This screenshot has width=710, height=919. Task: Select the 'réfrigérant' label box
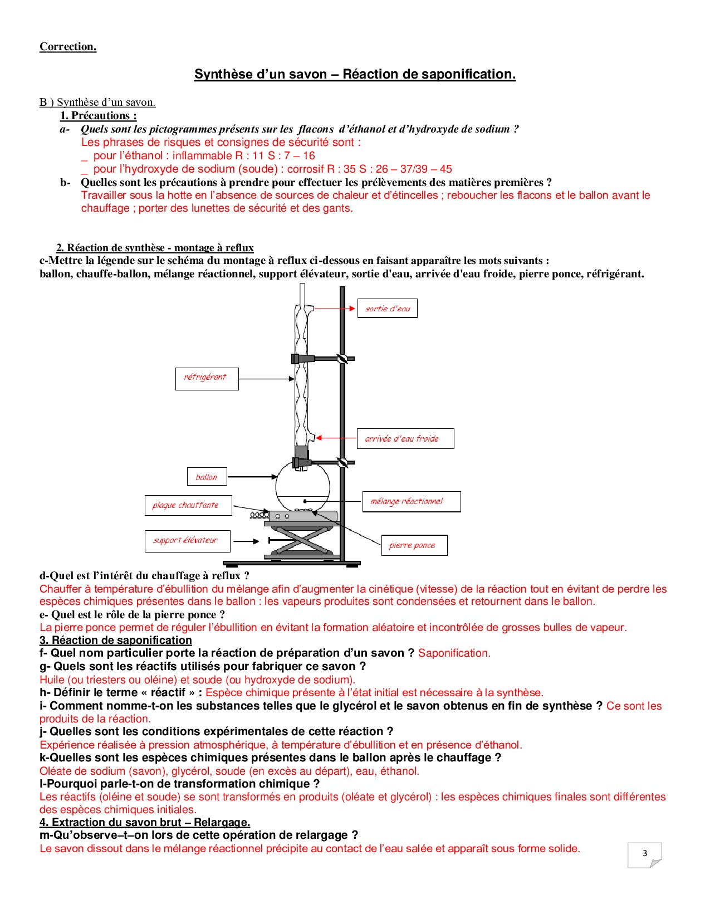point(207,378)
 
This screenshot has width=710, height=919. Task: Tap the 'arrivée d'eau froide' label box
point(405,438)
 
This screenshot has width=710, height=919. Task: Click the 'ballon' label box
point(207,477)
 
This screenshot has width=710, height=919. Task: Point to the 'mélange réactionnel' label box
point(411,501)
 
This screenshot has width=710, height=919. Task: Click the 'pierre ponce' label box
point(414,545)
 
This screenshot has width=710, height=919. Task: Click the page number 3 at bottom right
point(645,853)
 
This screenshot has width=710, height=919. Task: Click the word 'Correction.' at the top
point(68,47)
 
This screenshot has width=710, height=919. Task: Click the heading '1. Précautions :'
point(99,116)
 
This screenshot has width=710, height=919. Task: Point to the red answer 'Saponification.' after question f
point(454,653)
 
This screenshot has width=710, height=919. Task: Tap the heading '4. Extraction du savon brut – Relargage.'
point(145,822)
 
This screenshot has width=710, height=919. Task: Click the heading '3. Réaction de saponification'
point(116,640)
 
